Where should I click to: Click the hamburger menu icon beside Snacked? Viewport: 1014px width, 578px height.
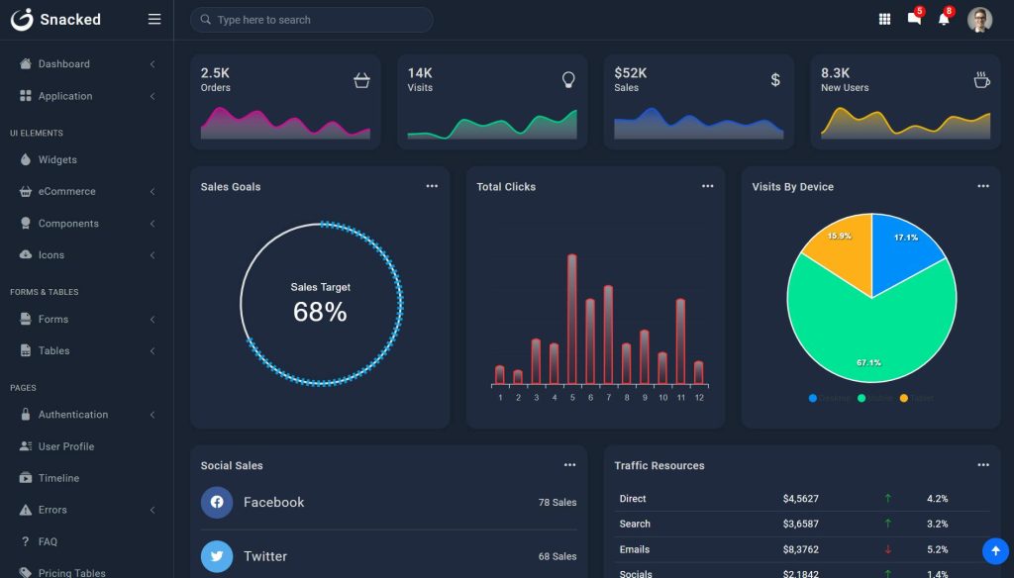coord(153,19)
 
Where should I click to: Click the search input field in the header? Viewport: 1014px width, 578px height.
coord(311,20)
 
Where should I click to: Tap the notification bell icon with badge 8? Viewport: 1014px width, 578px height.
coord(944,19)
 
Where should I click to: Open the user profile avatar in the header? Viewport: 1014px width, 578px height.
coord(979,20)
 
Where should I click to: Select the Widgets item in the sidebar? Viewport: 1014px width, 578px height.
coord(57,159)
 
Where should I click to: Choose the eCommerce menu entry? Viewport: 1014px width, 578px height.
coord(66,191)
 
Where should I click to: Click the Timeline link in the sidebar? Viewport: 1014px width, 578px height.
coord(58,478)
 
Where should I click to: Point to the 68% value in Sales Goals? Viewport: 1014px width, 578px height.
coord(320,313)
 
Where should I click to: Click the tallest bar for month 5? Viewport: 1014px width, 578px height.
coord(572,319)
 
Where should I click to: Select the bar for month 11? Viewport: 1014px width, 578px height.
coord(680,341)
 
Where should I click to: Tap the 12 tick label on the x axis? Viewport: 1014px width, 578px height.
coord(699,398)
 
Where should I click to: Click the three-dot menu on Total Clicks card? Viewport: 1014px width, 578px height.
coord(707,186)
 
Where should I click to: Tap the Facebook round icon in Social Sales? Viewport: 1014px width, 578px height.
coord(217,502)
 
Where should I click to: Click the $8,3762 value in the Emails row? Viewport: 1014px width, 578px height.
coord(800,549)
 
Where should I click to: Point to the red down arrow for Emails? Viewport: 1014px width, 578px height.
coord(888,549)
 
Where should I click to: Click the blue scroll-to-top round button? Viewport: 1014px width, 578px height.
coord(995,550)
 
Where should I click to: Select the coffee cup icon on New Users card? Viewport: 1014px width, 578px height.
coord(981,80)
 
